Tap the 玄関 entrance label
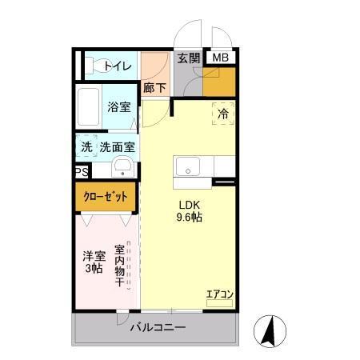tap(189, 58)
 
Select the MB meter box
tap(219, 58)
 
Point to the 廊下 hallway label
tap(154, 89)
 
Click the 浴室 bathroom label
tap(120, 106)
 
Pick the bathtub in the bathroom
tap(90, 105)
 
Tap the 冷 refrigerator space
tap(223, 114)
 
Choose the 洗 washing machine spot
tap(86, 147)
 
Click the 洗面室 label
tap(117, 147)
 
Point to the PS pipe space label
tap(82, 172)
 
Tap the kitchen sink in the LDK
tap(189, 168)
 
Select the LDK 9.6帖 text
tap(189, 210)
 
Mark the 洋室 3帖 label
tap(94, 262)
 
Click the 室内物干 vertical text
tap(120, 266)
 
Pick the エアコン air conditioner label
tap(219, 295)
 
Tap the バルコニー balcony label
tap(158, 328)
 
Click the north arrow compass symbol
tap(270, 330)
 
